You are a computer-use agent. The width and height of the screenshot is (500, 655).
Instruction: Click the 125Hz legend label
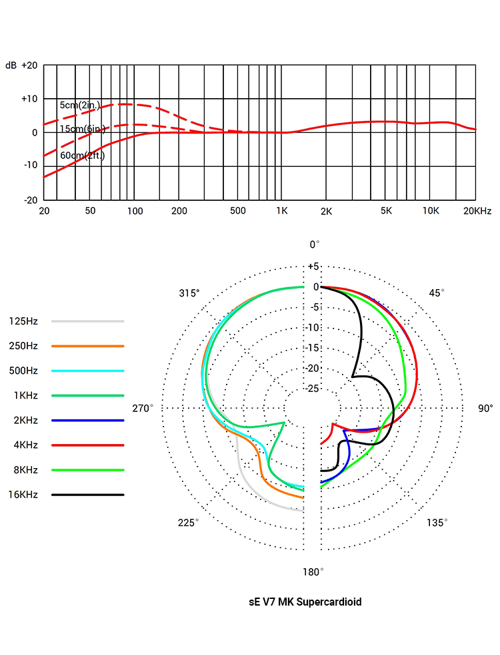point(23,321)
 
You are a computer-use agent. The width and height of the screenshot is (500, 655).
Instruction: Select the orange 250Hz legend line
point(88,346)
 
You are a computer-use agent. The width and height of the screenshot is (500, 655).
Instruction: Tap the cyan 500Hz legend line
point(88,371)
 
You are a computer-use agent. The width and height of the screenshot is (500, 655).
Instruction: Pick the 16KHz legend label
point(23,495)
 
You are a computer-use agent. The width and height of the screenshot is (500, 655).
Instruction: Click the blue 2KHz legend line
point(88,420)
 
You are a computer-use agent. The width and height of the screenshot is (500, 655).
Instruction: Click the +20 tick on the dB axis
point(29,65)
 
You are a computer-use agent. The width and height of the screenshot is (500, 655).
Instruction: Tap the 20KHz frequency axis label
point(477,211)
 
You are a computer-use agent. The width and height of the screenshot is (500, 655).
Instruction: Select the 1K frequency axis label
point(282,211)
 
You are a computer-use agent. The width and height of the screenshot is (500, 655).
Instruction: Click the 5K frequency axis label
point(386,211)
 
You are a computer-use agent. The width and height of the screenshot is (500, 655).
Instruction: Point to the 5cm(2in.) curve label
point(79,105)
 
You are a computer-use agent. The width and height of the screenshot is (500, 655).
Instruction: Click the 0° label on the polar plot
point(314,244)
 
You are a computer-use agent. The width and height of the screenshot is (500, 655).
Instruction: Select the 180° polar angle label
point(313,572)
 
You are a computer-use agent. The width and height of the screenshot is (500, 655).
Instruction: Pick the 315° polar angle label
point(189,293)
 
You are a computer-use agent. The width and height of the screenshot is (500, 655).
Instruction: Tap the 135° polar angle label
point(437,522)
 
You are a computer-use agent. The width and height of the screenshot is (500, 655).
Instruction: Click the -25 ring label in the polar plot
point(312,389)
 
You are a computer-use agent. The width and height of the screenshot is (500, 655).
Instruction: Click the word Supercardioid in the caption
point(329,602)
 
